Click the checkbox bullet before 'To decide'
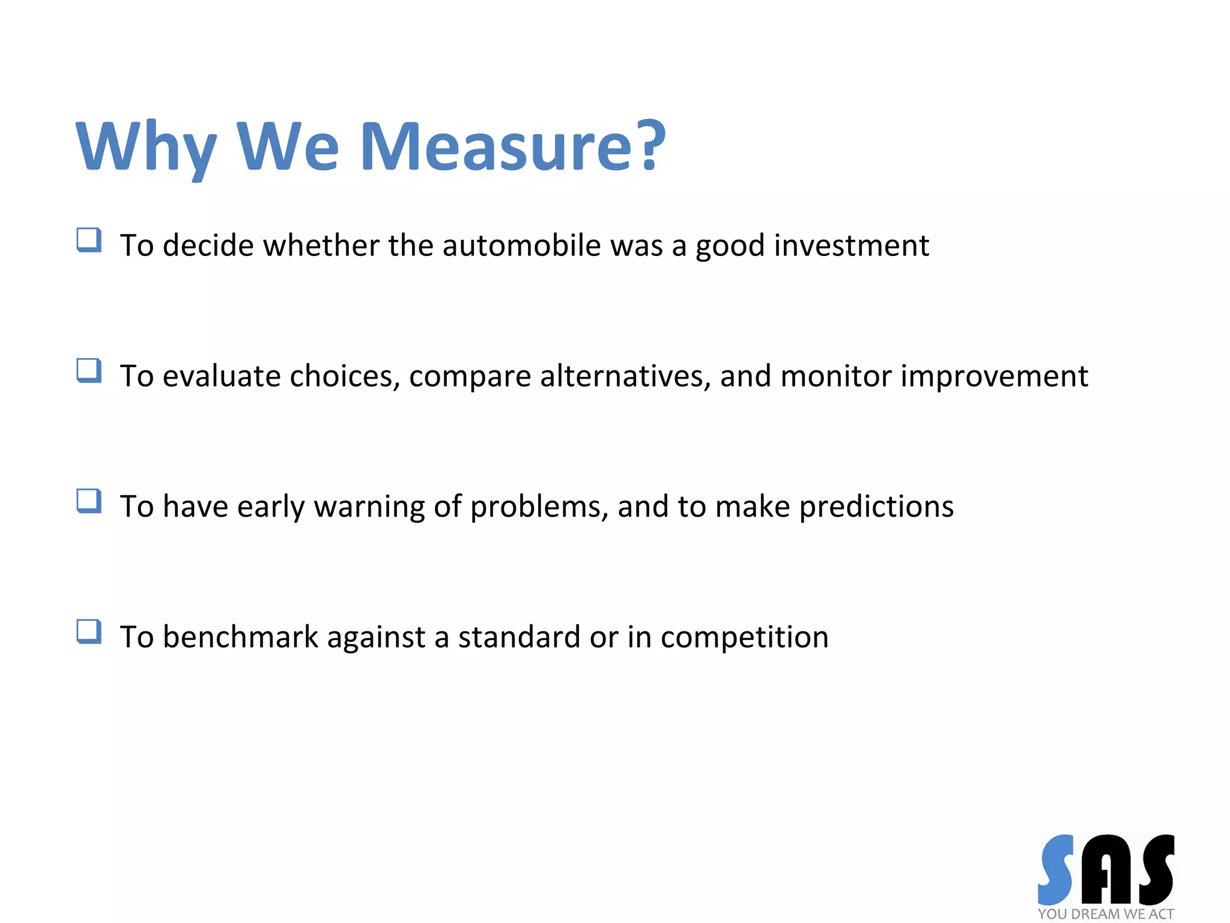[x=89, y=240]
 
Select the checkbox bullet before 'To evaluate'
[x=89, y=370]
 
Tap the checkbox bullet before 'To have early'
[x=89, y=501]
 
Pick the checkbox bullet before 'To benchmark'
[x=89, y=632]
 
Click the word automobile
[x=521, y=245]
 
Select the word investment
[x=851, y=245]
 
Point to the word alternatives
[x=625, y=376]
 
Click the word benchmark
[x=240, y=637]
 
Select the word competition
[x=744, y=637]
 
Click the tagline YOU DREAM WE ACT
[x=1105, y=914]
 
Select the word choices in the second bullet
[x=345, y=376]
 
